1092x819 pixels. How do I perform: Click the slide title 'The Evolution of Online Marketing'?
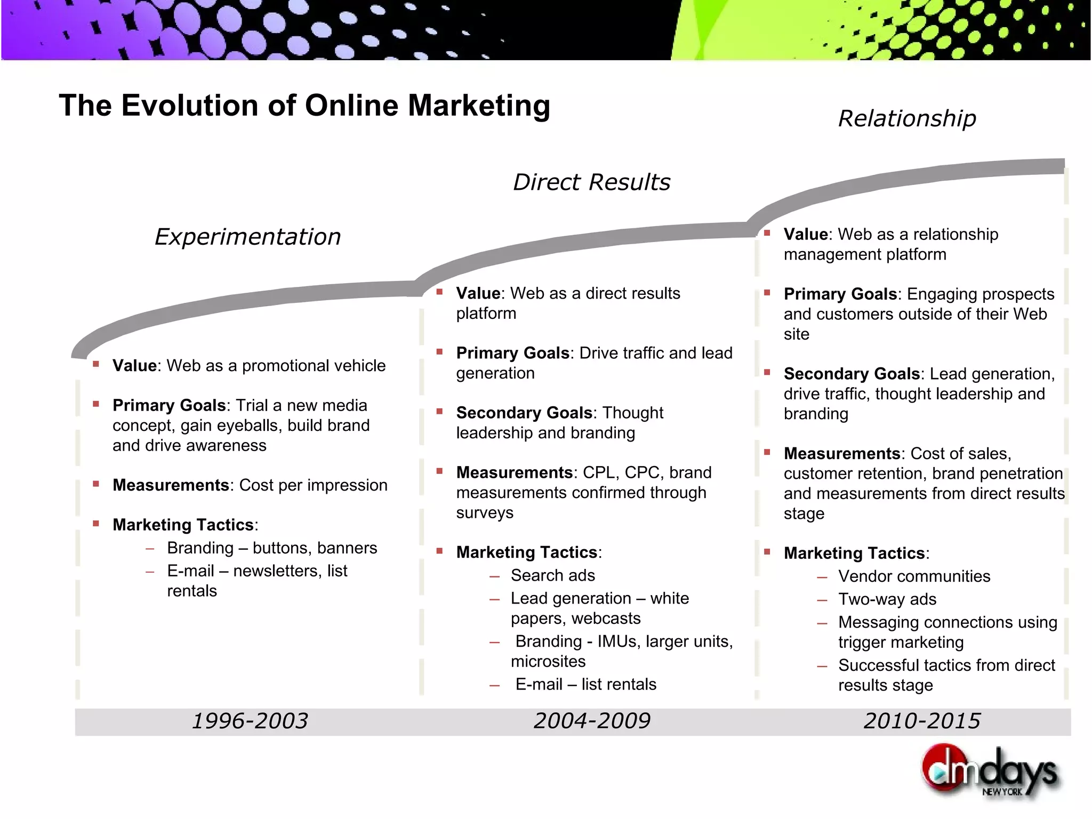point(304,105)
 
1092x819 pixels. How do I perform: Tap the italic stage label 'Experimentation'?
point(247,237)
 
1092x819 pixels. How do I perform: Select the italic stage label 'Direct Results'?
point(591,182)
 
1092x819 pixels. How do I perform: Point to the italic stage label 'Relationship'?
point(907,118)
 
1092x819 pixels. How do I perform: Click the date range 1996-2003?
point(250,721)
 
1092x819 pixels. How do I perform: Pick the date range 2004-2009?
point(592,721)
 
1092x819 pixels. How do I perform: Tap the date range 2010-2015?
point(922,721)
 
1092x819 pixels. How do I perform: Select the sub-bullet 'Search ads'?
point(552,575)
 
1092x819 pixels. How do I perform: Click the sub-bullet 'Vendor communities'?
point(914,576)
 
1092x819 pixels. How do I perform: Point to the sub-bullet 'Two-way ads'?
point(887,599)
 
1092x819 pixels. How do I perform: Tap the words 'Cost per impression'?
point(314,485)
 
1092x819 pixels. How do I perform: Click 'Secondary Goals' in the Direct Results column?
point(524,413)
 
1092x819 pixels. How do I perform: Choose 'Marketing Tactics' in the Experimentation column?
point(183,525)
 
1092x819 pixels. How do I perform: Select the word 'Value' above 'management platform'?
point(806,234)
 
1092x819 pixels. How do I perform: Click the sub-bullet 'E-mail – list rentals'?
point(585,684)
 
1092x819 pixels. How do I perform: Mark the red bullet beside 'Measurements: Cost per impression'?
point(96,484)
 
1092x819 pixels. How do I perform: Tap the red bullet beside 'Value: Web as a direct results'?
point(439,292)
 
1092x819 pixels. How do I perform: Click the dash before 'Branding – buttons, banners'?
point(150,549)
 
